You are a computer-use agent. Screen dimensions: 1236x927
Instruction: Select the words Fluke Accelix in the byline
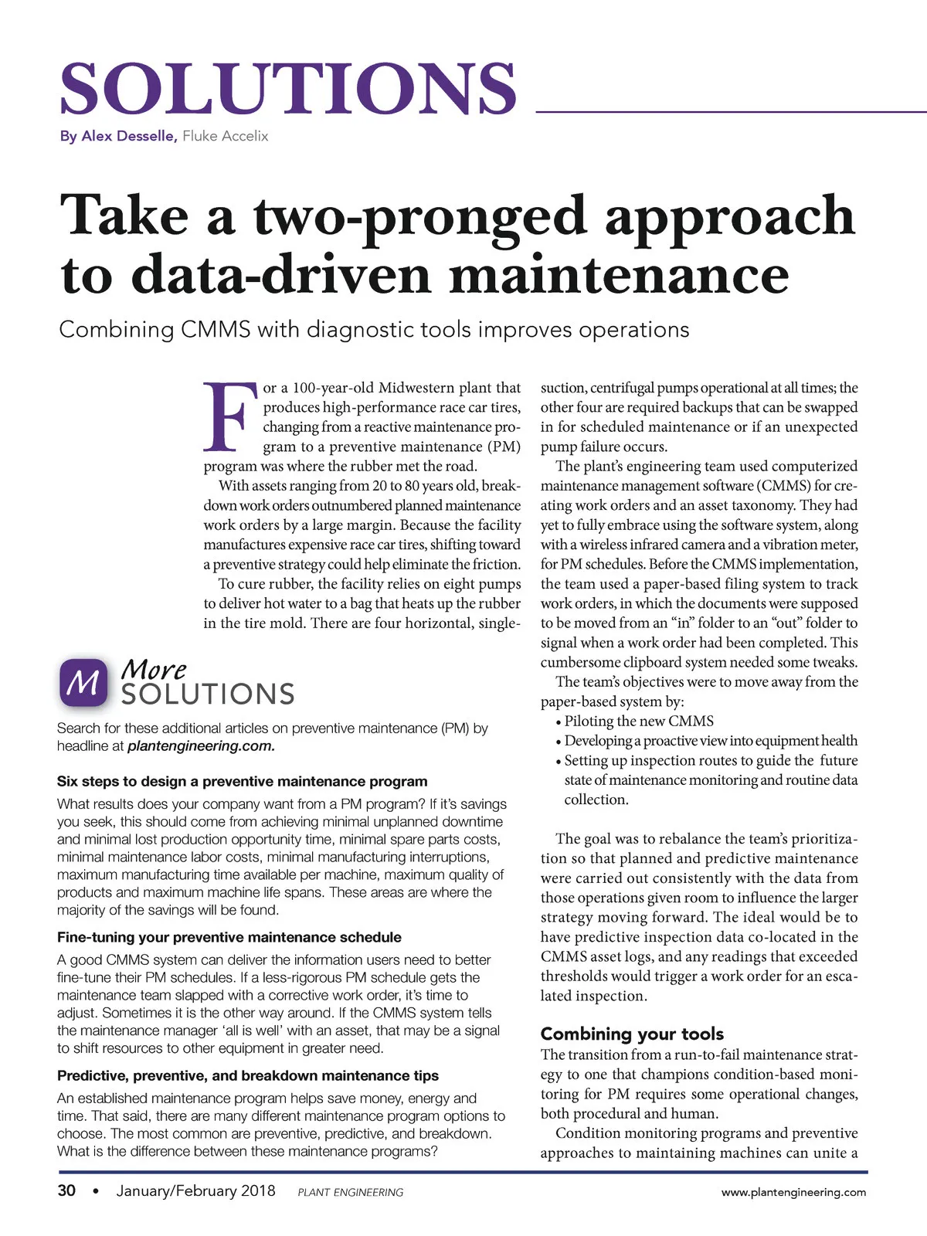[x=226, y=136]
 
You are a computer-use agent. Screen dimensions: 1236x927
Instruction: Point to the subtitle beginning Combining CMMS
[x=374, y=330]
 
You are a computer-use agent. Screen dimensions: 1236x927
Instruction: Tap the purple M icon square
[x=83, y=682]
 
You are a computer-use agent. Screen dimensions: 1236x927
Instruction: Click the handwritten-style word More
[x=154, y=668]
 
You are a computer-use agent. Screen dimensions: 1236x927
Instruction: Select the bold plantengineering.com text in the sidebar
[x=201, y=746]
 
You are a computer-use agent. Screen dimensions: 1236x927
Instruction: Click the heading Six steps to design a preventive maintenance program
[x=242, y=781]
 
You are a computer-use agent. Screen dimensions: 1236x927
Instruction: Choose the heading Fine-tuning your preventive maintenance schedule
[x=229, y=937]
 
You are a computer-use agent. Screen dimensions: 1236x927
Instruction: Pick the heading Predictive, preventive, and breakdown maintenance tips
[x=247, y=1075]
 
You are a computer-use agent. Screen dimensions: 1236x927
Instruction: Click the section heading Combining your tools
[x=632, y=1034]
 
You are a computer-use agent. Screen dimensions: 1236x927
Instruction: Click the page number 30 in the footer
[x=66, y=1190]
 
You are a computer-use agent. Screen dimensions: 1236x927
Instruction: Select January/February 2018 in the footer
[x=195, y=1190]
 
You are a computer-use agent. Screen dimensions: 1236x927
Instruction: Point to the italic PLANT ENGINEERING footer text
[x=350, y=1192]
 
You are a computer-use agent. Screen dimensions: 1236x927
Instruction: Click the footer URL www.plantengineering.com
[x=793, y=1192]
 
